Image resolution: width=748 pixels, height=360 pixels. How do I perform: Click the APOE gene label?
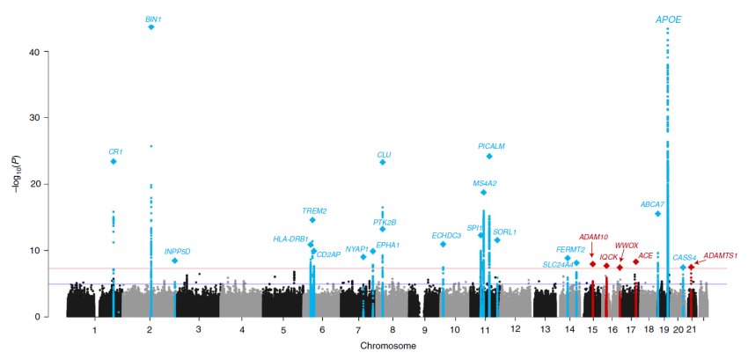pos(668,18)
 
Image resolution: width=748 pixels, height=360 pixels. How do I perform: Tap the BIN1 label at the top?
pos(154,18)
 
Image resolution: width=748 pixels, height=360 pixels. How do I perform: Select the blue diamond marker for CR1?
pos(114,162)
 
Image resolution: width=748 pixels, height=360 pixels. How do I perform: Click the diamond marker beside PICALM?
pos(489,157)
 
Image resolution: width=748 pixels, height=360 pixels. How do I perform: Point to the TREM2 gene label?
pos(314,210)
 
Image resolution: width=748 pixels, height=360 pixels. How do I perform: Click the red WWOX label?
pos(626,246)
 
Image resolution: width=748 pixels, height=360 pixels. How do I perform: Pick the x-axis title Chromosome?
pos(387,347)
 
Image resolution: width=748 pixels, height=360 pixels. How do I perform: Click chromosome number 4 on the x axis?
pos(242,329)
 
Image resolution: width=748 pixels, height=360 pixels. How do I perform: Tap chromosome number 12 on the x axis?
pos(516,329)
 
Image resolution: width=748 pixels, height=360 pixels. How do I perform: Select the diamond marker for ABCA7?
pos(657,214)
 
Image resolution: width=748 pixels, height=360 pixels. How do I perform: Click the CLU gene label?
pos(384,153)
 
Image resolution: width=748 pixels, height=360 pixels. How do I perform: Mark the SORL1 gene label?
pos(505,231)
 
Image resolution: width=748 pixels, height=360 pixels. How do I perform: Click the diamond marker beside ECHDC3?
pos(443,244)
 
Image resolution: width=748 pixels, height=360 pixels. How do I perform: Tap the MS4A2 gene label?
pos(485,183)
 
